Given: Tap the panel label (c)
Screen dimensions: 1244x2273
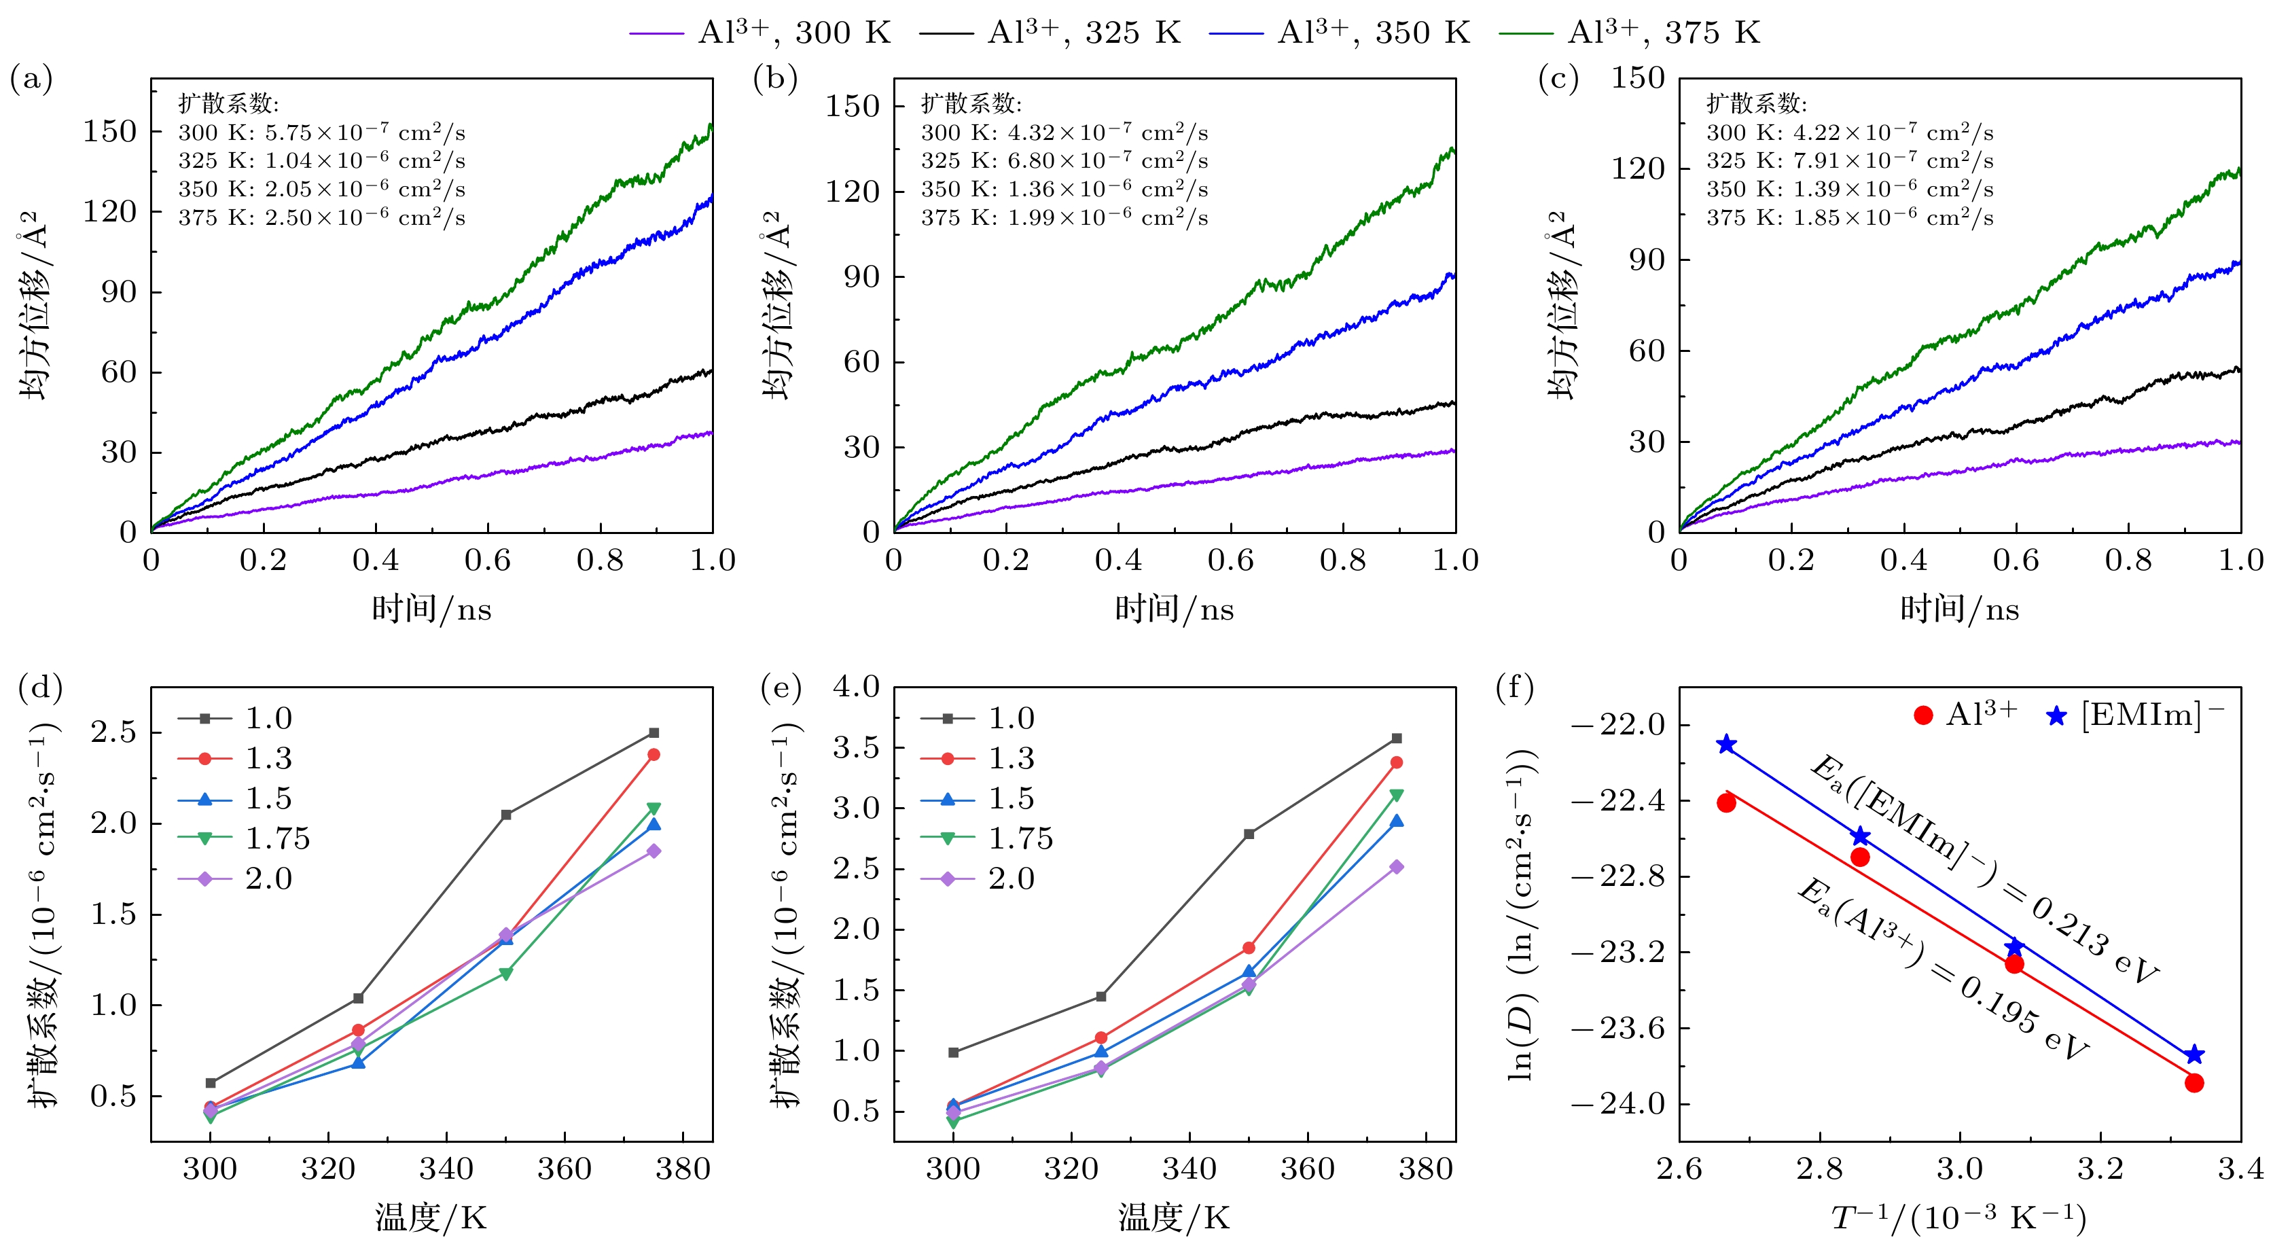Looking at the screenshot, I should tap(1558, 79).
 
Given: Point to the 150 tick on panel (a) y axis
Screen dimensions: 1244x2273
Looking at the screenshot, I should tap(110, 131).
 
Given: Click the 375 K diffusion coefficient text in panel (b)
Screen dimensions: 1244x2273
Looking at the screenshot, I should tap(1064, 217).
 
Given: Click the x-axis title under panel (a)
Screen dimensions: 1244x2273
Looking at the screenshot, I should tap(431, 609).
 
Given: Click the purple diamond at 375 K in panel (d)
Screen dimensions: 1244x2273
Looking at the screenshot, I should tap(654, 851).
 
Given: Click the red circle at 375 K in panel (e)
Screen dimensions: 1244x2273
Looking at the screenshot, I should tap(1397, 762).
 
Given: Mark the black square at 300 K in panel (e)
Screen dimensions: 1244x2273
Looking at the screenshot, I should tap(954, 1052).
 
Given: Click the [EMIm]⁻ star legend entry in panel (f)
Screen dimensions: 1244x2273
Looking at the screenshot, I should tap(2135, 715).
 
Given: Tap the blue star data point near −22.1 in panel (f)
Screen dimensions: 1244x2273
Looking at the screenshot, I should tap(1727, 745).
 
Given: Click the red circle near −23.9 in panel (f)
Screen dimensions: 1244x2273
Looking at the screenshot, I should tap(2194, 1082).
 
